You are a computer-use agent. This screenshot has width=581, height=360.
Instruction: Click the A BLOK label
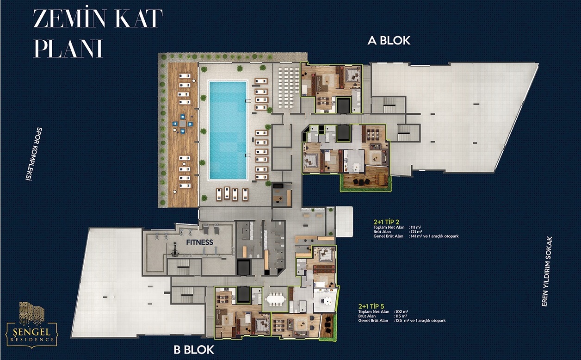[x=389, y=40]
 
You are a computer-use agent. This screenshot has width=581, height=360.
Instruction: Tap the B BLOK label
[x=194, y=350]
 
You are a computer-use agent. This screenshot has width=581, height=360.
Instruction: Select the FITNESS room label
[x=200, y=242]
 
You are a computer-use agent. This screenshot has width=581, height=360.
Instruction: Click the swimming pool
[x=228, y=130]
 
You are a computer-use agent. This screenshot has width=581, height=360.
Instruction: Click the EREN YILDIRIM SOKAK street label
[x=547, y=271]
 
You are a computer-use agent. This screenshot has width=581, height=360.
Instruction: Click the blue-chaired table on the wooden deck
[x=183, y=124]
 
